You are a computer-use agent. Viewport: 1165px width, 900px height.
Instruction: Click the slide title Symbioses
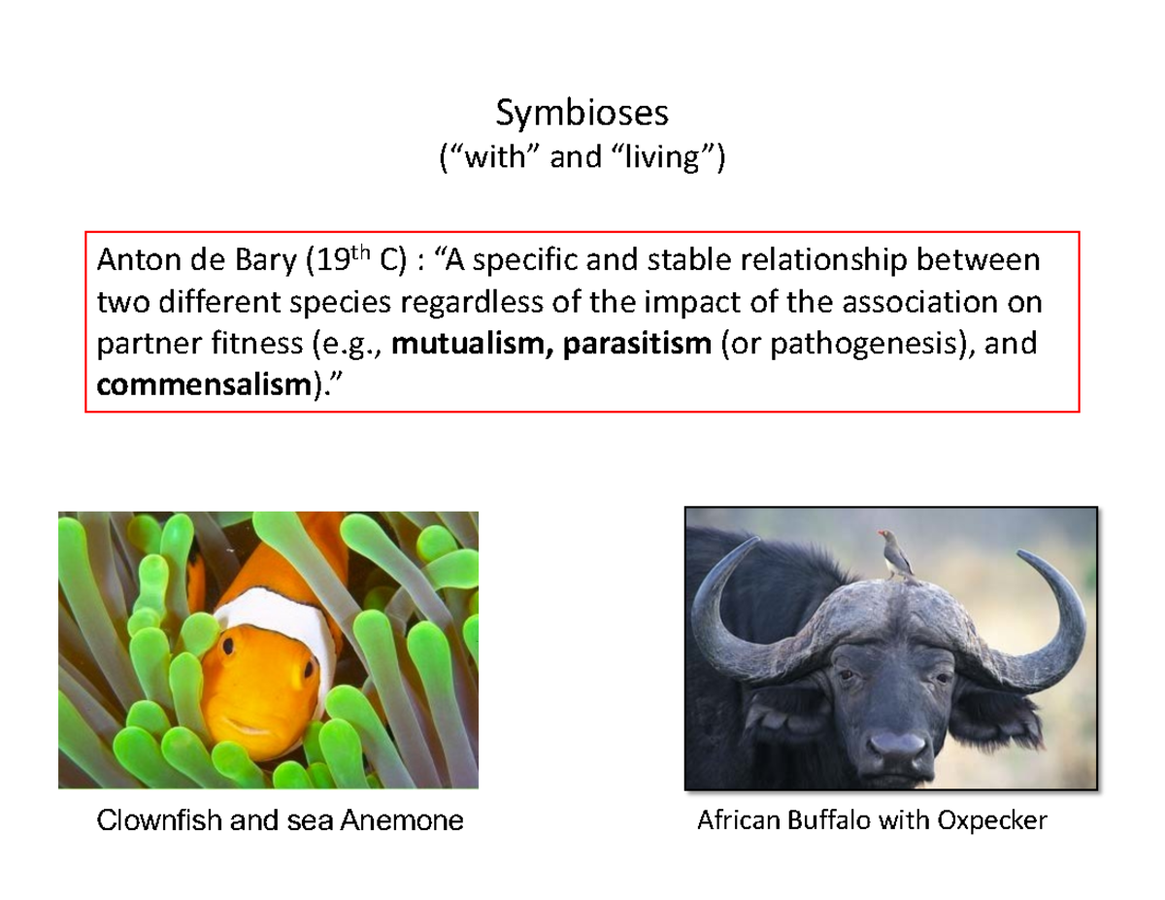[x=582, y=114]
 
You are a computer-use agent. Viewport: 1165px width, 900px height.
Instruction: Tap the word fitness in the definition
[x=234, y=345]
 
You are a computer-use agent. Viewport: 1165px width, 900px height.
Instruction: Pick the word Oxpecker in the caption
[x=991, y=821]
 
